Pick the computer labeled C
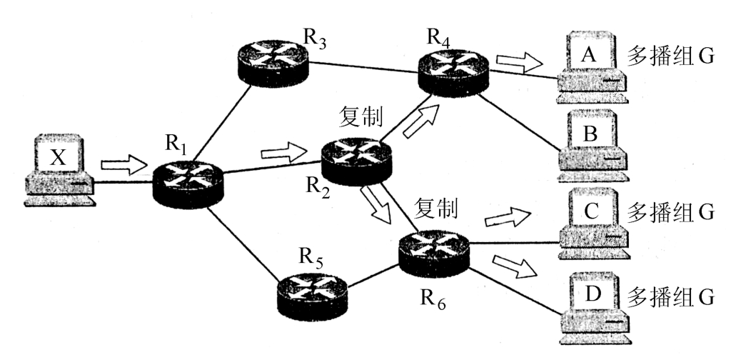click(591, 224)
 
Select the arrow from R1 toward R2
click(283, 152)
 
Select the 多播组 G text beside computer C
click(670, 212)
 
